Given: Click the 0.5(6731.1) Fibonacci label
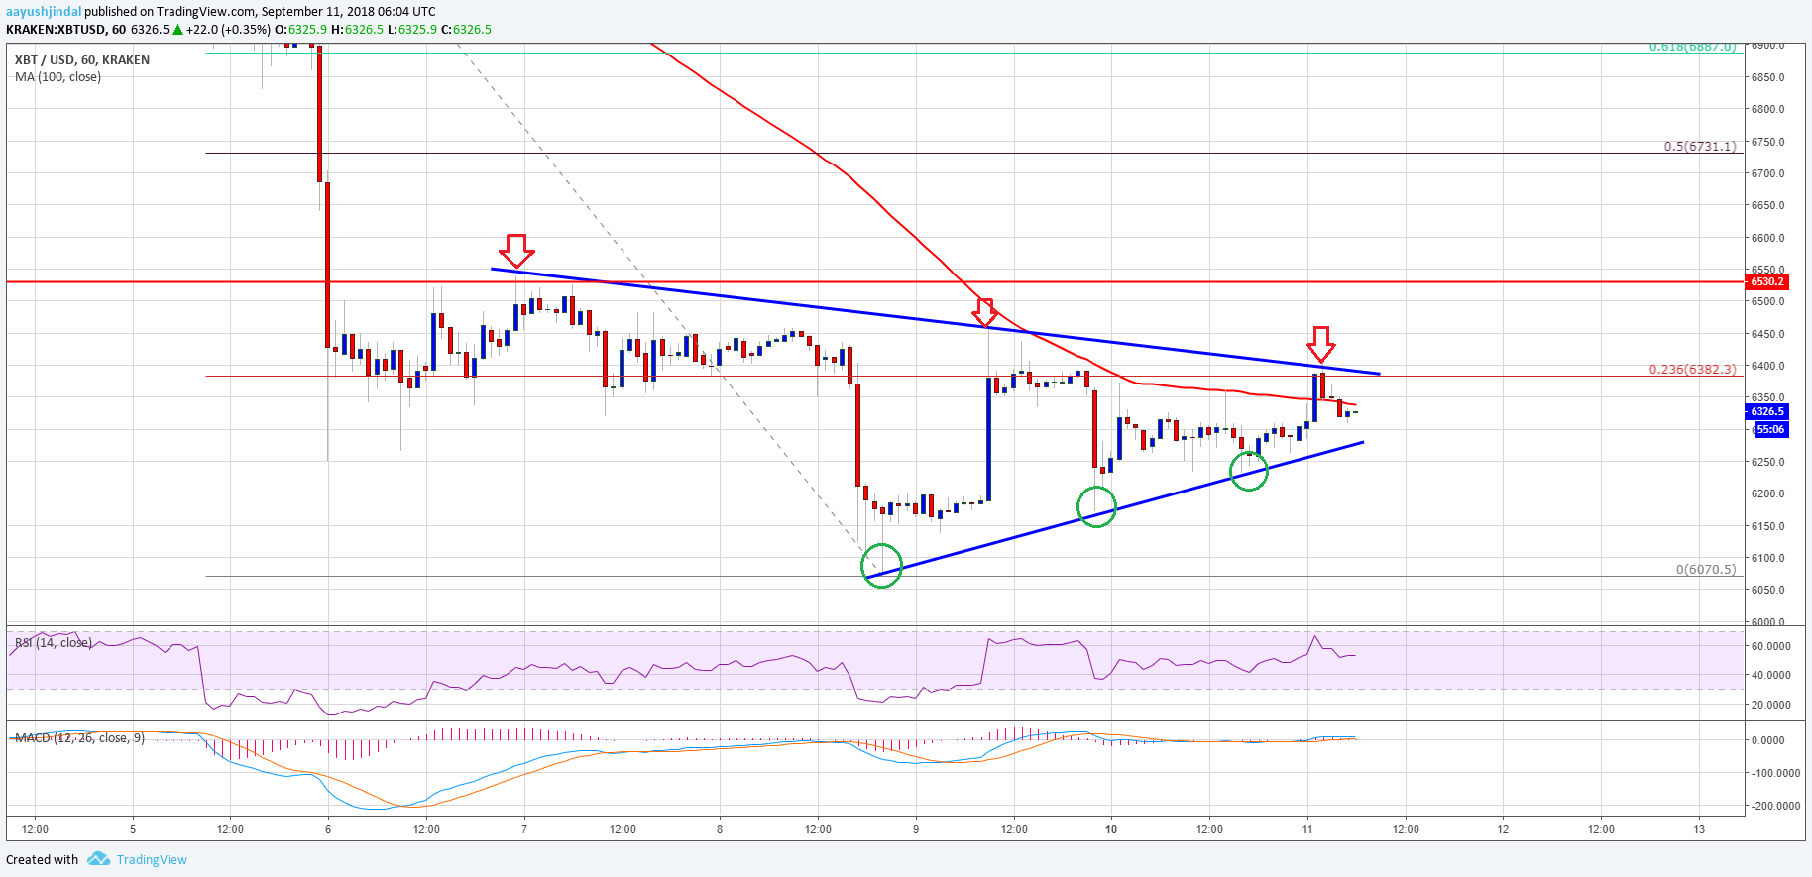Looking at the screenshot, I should pyautogui.click(x=1699, y=147).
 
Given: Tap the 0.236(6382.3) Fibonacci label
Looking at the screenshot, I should pyautogui.click(x=1692, y=370).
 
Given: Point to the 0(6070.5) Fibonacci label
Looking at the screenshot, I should pyautogui.click(x=1705, y=570).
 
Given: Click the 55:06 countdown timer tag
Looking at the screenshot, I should pyautogui.click(x=1770, y=429).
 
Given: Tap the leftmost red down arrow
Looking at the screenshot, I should pyautogui.click(x=516, y=250).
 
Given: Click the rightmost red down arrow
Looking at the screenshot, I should pyautogui.click(x=1320, y=344).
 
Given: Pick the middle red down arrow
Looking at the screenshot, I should pyautogui.click(x=984, y=312).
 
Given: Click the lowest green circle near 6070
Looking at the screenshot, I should pyautogui.click(x=881, y=566).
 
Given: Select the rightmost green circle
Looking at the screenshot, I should pyautogui.click(x=1249, y=470).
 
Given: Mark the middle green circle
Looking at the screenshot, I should pyautogui.click(x=1096, y=507).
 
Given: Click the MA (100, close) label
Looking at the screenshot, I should pyautogui.click(x=57, y=77).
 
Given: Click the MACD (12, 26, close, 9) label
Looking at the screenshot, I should pyautogui.click(x=79, y=738).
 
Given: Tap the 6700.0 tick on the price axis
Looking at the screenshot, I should pyautogui.click(x=1767, y=173).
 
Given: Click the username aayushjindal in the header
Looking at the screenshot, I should pyautogui.click(x=44, y=12).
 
